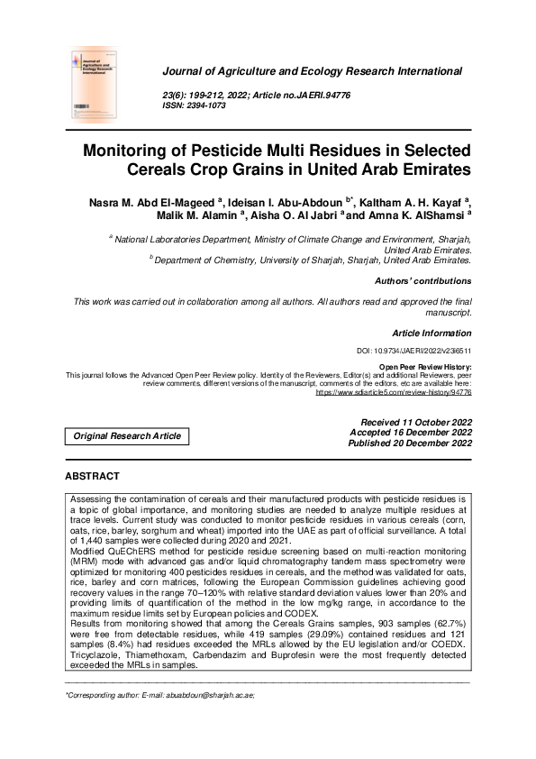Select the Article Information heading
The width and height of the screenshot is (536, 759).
[x=432, y=332]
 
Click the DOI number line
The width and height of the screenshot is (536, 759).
[x=414, y=351]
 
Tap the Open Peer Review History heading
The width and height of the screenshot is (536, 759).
[x=425, y=368]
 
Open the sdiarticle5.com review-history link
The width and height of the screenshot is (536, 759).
[x=394, y=392]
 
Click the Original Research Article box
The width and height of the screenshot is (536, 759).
[x=127, y=436]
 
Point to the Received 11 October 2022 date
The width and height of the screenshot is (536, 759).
[x=415, y=422]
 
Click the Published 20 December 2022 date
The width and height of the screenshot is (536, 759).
[x=410, y=444]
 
